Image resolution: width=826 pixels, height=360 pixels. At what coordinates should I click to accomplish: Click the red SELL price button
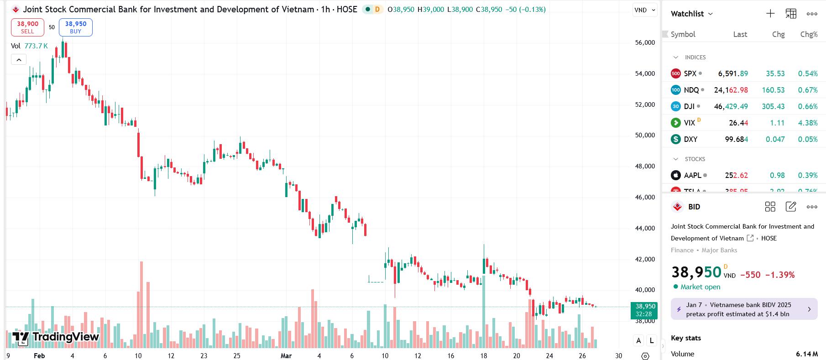[x=27, y=27]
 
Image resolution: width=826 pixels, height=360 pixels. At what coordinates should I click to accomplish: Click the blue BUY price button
[x=76, y=27]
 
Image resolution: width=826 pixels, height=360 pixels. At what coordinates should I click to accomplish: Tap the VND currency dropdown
[x=644, y=10]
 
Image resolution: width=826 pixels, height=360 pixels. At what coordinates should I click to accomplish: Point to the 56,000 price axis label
[x=645, y=42]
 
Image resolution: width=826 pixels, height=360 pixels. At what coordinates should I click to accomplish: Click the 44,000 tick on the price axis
[x=645, y=228]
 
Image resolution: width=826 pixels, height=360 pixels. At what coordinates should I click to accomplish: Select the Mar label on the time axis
[x=286, y=356]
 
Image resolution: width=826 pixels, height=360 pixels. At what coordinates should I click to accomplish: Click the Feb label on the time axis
[x=39, y=356]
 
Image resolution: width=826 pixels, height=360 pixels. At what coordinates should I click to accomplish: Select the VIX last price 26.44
[x=738, y=123]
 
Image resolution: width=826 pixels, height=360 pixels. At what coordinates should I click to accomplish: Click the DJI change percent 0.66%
[x=807, y=106]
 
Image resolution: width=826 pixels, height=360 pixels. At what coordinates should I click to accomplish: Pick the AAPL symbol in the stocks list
[x=692, y=175]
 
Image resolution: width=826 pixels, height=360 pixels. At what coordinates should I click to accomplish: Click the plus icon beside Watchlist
[x=770, y=14]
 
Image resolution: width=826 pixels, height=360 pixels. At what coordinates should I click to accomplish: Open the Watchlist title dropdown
[x=691, y=14]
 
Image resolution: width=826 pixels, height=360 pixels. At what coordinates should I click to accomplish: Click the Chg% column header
[x=809, y=34]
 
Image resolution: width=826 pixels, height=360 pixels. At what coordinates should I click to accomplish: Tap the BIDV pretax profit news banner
[x=744, y=309]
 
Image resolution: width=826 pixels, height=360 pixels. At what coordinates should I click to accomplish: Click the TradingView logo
[x=56, y=337]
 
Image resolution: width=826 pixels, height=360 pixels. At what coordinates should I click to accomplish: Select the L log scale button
[x=651, y=340]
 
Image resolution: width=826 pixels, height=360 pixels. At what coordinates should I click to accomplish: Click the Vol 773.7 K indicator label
[x=30, y=46]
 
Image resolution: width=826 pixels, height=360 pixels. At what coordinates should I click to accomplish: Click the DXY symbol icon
[x=676, y=139]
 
